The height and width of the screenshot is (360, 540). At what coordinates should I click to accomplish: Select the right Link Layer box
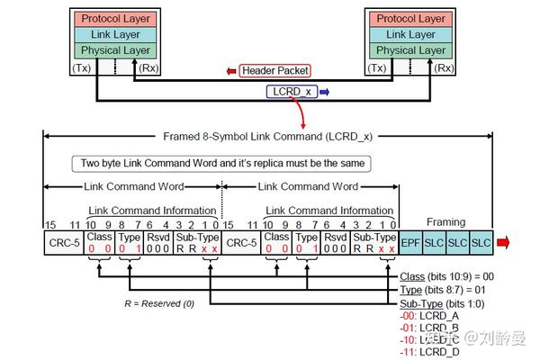(x=410, y=34)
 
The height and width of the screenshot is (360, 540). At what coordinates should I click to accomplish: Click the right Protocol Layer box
(x=410, y=19)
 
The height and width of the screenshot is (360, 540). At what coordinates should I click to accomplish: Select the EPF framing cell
(x=410, y=244)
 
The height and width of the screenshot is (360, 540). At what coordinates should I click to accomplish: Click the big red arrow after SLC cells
(x=503, y=243)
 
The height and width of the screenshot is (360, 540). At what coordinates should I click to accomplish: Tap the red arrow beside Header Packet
(x=231, y=70)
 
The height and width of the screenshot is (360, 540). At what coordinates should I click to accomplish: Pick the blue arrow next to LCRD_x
(x=325, y=91)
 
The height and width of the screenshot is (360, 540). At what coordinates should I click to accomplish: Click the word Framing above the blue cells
(x=446, y=221)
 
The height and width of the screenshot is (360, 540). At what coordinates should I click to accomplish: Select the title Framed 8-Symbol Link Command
(x=268, y=136)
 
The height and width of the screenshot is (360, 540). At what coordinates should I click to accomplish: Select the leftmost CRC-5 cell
(x=63, y=243)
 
